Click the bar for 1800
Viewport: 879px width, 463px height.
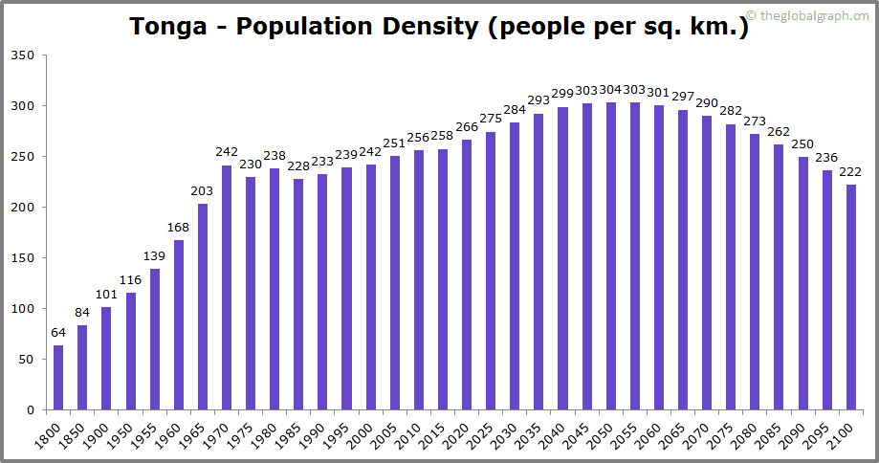(x=58, y=378)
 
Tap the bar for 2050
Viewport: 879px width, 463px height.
(x=611, y=256)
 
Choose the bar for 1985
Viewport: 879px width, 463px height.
(x=298, y=295)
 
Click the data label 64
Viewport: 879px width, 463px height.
(x=58, y=333)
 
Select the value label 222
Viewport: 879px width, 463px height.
(x=851, y=172)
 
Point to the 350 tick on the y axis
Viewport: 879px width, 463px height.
(x=23, y=55)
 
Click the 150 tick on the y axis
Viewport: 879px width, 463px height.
(x=23, y=258)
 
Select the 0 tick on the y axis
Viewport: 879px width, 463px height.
(x=31, y=410)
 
